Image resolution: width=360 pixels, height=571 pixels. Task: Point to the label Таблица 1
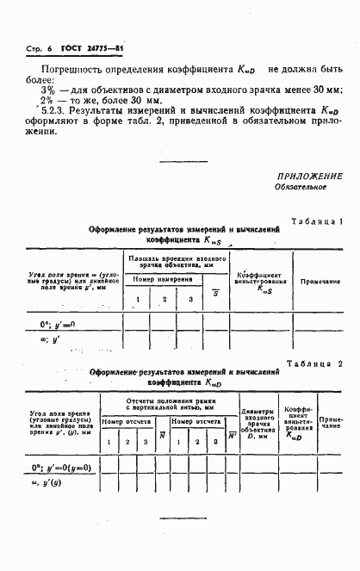coord(318,221)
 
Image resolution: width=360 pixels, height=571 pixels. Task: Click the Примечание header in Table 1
coord(320,282)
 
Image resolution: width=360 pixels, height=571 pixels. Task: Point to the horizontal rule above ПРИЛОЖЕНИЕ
coord(185,158)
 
